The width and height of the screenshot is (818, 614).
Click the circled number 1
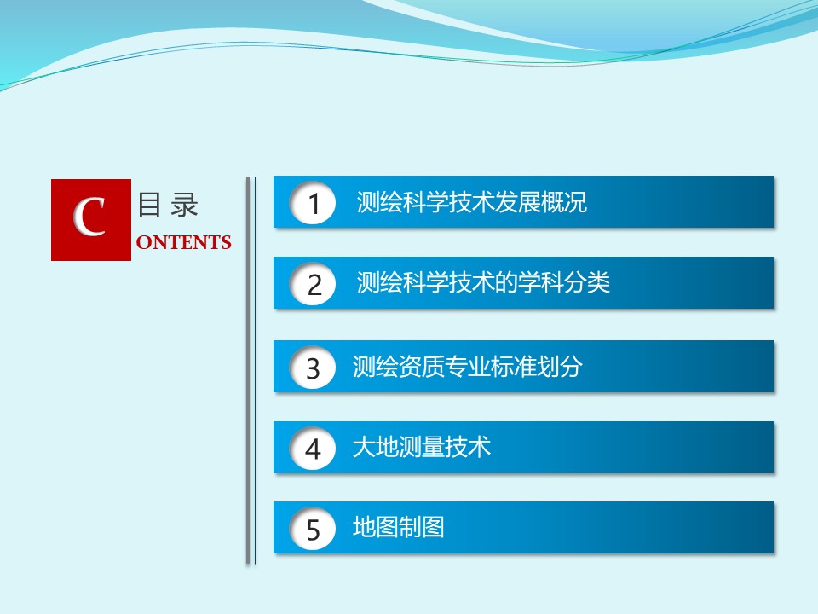click(313, 203)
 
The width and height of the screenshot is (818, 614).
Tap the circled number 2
click(313, 284)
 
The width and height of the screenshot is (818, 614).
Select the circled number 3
click(313, 368)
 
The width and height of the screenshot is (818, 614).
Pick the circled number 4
click(313, 449)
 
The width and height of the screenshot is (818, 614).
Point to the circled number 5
click(313, 529)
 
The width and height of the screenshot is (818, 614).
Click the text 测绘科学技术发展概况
click(471, 202)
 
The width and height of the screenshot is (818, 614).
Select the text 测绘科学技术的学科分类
click(483, 282)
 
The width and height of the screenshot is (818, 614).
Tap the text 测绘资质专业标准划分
click(468, 366)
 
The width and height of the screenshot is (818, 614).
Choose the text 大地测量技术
click(422, 447)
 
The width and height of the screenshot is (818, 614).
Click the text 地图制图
click(399, 527)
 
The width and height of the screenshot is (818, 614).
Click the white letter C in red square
click(89, 217)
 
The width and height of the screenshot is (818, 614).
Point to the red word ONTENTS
click(184, 242)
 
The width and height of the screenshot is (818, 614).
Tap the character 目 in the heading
click(149, 205)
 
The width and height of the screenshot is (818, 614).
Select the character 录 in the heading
click(185, 205)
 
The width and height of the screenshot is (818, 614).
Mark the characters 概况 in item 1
click(564, 202)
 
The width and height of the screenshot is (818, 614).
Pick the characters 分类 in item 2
click(587, 282)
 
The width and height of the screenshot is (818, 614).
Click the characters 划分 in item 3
click(560, 366)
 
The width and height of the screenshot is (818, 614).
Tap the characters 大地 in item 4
click(376, 447)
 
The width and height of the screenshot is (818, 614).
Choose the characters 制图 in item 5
click(422, 527)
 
